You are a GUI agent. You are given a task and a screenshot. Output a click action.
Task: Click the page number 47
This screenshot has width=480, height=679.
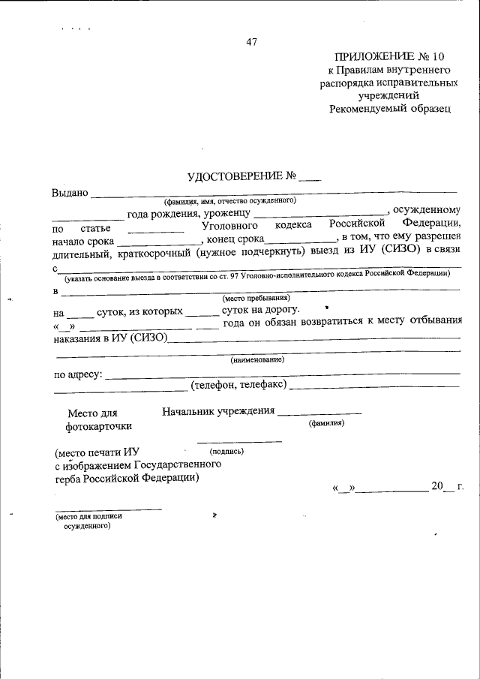251,43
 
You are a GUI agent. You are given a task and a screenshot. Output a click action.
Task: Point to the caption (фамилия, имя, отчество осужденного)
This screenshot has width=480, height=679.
231,201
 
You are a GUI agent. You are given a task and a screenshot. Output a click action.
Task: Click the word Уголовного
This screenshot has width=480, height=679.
230,226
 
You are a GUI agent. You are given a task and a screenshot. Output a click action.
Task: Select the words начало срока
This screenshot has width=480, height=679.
83,241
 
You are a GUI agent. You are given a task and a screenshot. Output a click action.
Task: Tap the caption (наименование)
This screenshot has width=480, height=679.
256,359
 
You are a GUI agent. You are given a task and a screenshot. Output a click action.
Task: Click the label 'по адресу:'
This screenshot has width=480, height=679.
78,374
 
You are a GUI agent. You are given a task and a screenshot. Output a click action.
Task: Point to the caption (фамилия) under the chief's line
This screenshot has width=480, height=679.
326,423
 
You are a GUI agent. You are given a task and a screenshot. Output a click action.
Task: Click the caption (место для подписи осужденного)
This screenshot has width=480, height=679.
87,521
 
